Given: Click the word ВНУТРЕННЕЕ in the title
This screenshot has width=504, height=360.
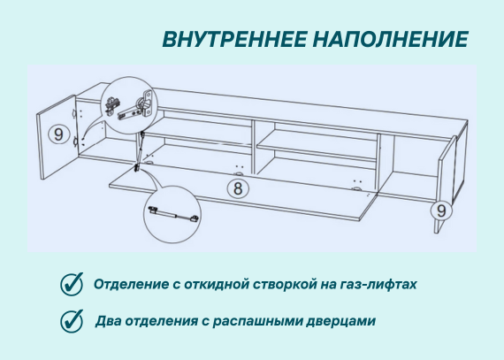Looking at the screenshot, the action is pyautogui.click(x=234, y=39).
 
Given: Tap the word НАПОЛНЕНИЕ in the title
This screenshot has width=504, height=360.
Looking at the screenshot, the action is pyautogui.click(x=391, y=39).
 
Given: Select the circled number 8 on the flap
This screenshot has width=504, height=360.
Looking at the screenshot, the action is pyautogui.click(x=238, y=188).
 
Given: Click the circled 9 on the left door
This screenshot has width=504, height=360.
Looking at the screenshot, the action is pyautogui.click(x=58, y=134).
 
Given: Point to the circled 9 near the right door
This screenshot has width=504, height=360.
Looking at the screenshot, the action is pyautogui.click(x=441, y=211).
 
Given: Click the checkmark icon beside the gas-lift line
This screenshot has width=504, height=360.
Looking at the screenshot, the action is pyautogui.click(x=72, y=284).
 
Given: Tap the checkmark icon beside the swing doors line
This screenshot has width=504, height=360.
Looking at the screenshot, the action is pyautogui.click(x=72, y=321).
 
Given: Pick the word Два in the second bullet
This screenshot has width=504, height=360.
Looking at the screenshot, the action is pyautogui.click(x=108, y=321).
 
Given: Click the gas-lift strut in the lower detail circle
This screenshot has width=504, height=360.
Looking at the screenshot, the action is pyautogui.click(x=173, y=215).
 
